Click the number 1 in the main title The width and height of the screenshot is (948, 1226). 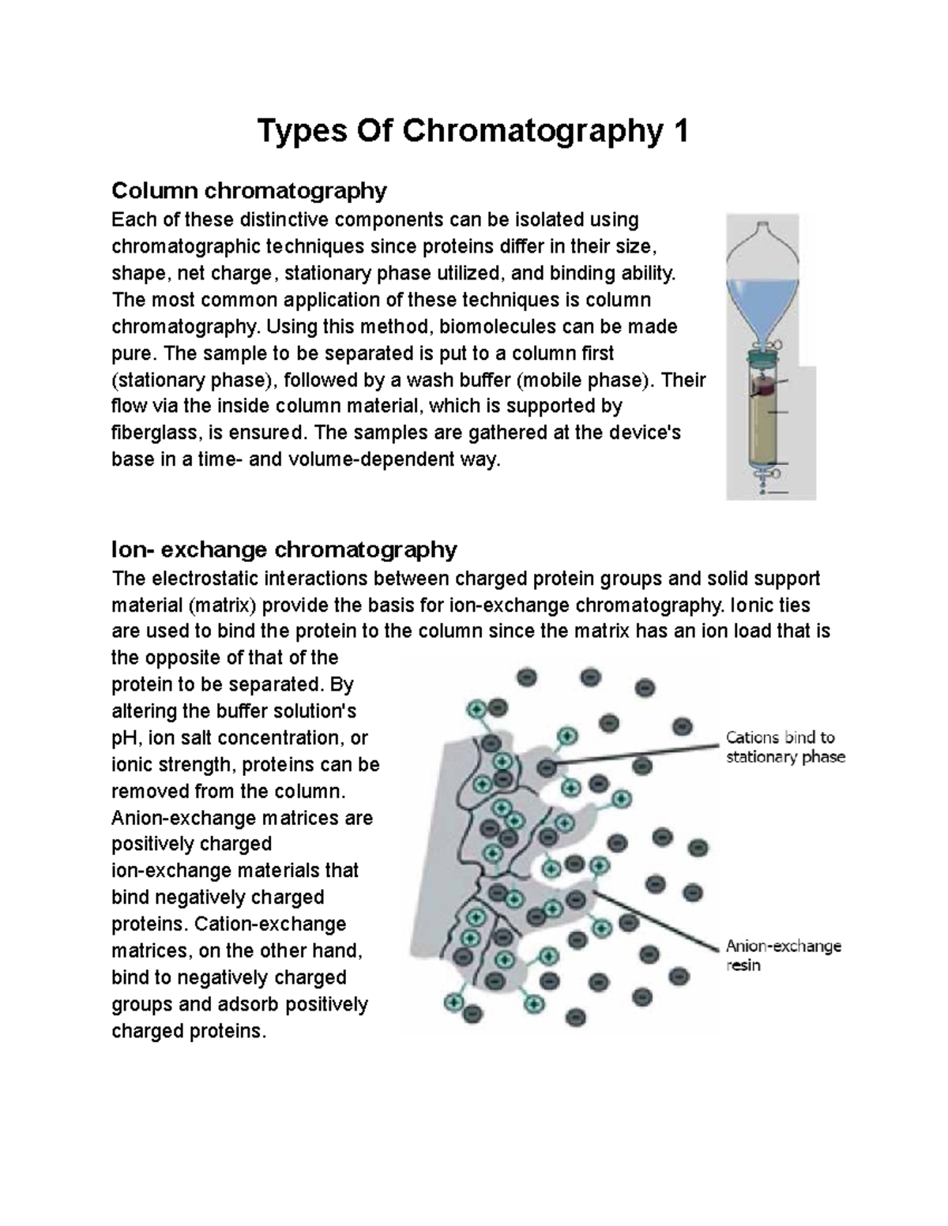pos(679,131)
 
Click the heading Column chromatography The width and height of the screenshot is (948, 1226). pos(249,190)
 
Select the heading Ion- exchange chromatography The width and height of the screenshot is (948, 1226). pos(284,549)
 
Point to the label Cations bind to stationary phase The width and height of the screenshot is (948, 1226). pos(784,747)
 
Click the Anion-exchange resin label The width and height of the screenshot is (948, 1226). pos(783,955)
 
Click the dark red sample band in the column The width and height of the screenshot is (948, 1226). pos(762,387)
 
